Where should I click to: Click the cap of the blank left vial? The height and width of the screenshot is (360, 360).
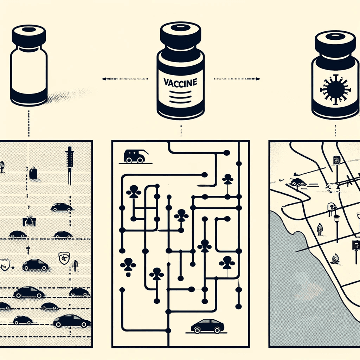(29, 36)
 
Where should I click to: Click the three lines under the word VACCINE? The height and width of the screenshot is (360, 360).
(180, 97)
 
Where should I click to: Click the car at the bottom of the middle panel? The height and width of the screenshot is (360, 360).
(207, 326)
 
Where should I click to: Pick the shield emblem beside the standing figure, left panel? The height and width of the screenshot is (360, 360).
(64, 258)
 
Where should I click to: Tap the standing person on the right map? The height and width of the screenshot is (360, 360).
(320, 229)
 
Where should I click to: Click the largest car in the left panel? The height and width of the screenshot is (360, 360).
(72, 321)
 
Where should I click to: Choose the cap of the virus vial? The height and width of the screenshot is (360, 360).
(335, 43)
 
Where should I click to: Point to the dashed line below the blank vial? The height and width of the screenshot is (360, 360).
(29, 123)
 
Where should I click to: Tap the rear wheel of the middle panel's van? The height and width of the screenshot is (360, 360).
(129, 160)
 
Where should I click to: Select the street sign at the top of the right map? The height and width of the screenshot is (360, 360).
(336, 160)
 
